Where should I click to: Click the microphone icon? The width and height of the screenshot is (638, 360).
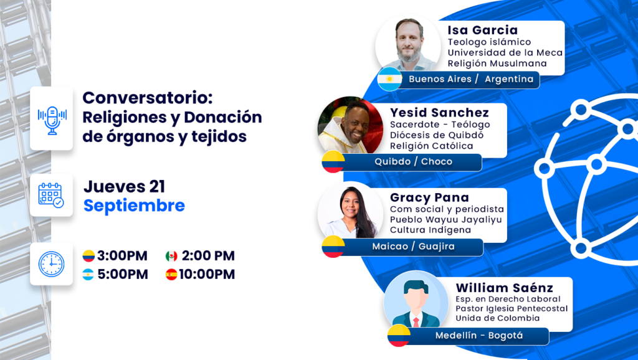pos(52,120)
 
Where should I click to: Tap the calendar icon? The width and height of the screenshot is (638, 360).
pos(51,195)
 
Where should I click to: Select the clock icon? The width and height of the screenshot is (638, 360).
pos(51,264)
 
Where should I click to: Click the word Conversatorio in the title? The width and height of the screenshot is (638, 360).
pos(148,98)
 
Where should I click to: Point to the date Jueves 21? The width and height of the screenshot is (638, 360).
pos(124,186)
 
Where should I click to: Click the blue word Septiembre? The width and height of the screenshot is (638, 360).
pos(135,206)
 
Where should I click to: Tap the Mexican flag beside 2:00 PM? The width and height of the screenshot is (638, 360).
pos(171,256)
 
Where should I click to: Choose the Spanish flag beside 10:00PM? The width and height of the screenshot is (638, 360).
pos(171,275)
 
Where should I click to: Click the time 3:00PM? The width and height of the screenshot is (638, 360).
pos(122,256)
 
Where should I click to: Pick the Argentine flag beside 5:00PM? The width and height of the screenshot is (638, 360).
pos(88,275)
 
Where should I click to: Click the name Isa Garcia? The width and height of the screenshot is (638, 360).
pos(483,30)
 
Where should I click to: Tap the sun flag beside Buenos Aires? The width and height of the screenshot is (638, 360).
pos(389,79)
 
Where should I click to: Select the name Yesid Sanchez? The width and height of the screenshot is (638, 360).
pos(439,112)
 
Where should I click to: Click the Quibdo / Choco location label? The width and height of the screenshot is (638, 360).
pos(414,161)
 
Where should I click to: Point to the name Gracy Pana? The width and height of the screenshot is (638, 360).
pos(429,197)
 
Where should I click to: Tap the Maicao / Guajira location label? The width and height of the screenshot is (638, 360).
pos(414,246)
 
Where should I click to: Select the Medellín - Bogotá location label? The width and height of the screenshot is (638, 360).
pos(479,336)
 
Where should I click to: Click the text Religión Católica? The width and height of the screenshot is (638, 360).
pos(431,146)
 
